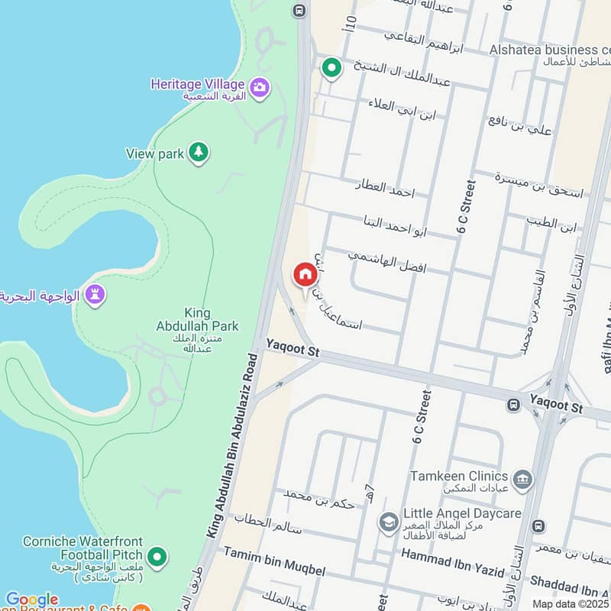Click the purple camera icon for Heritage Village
pyautogui.click(x=260, y=88)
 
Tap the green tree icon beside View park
pyautogui.click(x=199, y=153)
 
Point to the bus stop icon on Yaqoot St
pyautogui.click(x=514, y=404)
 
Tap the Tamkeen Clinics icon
pyautogui.click(x=522, y=480)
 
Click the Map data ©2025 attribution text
pyautogui.click(x=571, y=604)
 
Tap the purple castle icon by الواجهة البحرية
pyautogui.click(x=95, y=294)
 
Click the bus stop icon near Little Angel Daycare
pyautogui.click(x=540, y=526)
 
